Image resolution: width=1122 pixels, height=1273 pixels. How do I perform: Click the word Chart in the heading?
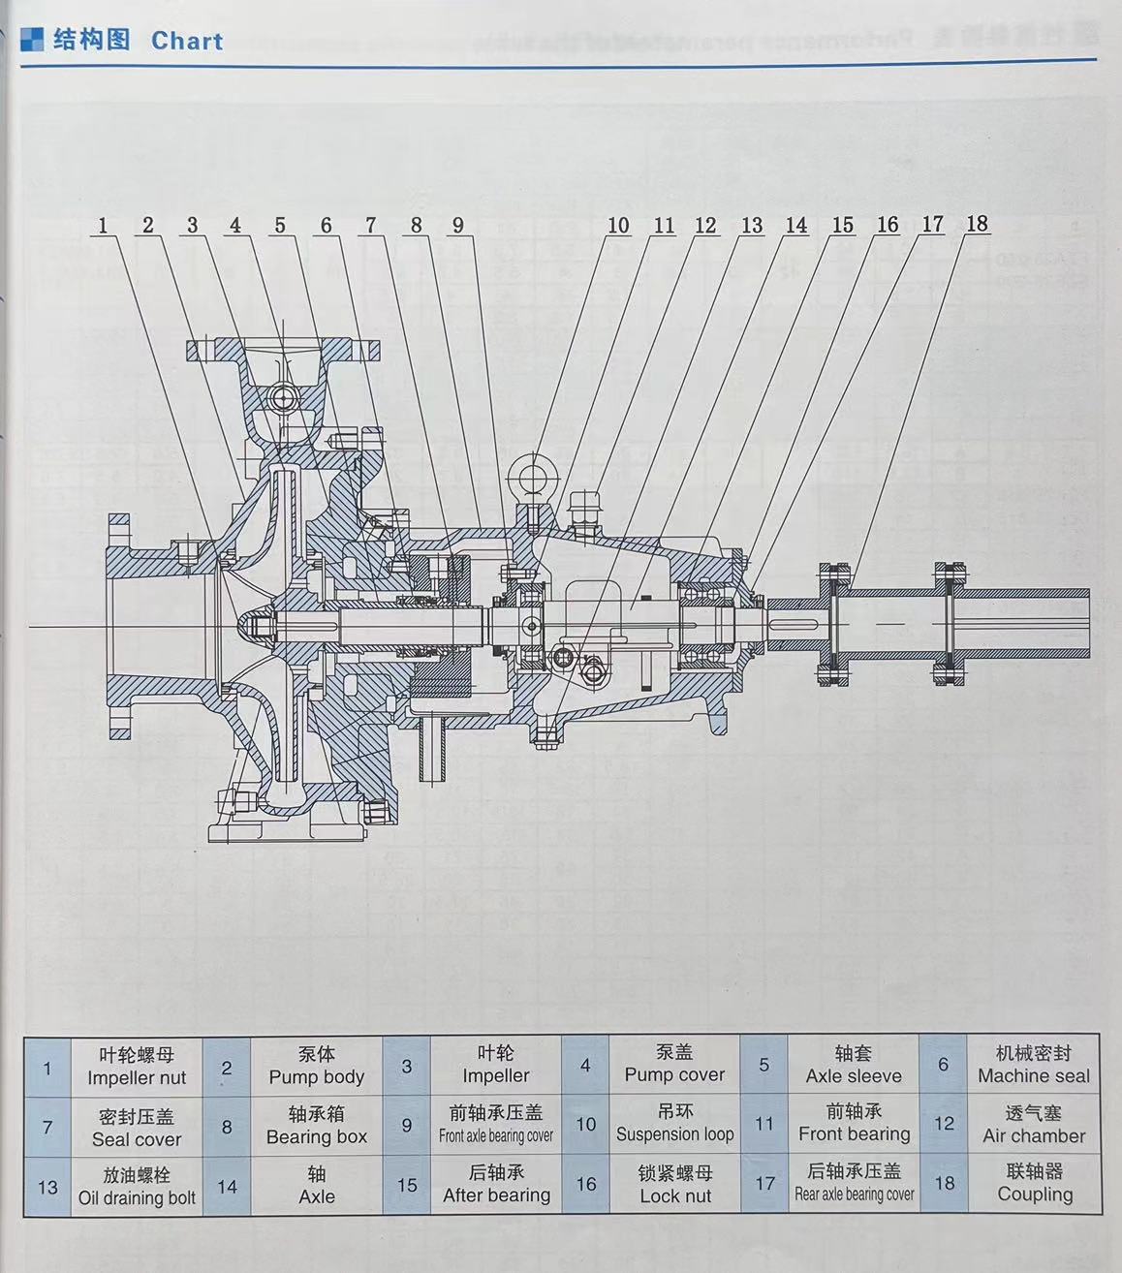(187, 41)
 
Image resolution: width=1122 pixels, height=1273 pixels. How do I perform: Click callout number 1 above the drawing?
(103, 226)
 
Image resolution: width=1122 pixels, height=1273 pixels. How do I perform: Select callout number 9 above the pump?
(458, 226)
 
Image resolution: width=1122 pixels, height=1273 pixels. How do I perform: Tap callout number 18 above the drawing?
(977, 224)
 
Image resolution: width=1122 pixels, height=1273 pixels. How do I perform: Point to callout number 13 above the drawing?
(752, 226)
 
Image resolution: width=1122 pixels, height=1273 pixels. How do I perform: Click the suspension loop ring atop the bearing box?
(534, 474)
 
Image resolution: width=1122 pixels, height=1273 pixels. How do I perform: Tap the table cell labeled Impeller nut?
(137, 1066)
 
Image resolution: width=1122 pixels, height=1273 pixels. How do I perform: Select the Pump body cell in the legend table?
(316, 1066)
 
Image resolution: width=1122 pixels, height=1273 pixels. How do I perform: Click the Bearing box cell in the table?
(316, 1126)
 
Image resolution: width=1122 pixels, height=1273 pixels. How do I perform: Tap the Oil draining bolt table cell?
(137, 1187)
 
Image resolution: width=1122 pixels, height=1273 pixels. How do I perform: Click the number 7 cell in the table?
(47, 1128)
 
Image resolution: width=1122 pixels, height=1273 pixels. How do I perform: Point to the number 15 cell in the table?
(407, 1186)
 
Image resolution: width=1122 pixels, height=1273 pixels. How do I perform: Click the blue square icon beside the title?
(33, 39)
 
